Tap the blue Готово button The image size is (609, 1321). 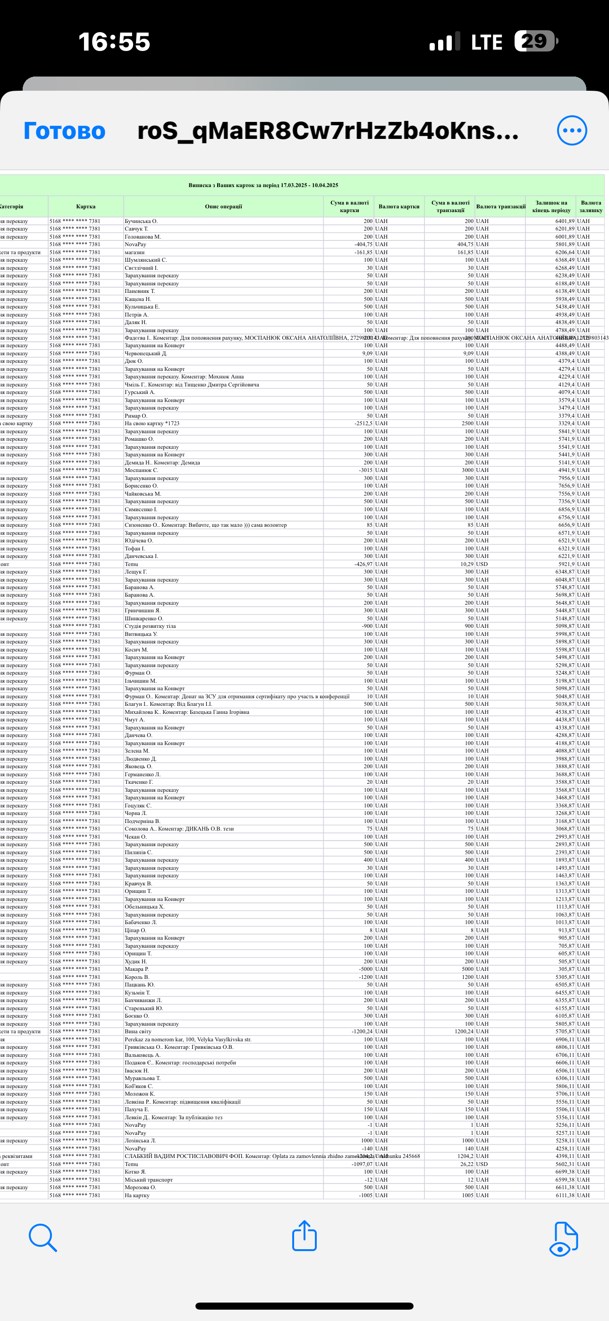pos(65,131)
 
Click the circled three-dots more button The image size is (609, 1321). pos(572,131)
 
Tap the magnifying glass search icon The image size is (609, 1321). pos(42,1237)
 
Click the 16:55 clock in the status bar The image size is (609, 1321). pos(114,42)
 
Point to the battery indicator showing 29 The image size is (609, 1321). pos(536,41)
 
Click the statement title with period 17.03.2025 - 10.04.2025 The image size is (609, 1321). pos(263,185)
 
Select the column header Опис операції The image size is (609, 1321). pos(223,206)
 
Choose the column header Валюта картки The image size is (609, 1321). pos(399,206)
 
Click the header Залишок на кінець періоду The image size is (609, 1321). pos(551,206)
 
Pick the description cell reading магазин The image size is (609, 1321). pos(135,252)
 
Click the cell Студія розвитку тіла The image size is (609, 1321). pos(150,626)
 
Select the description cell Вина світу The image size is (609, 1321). pos(138,1031)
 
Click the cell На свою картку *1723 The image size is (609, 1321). pos(152,424)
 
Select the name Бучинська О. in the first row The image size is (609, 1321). pos(141,221)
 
